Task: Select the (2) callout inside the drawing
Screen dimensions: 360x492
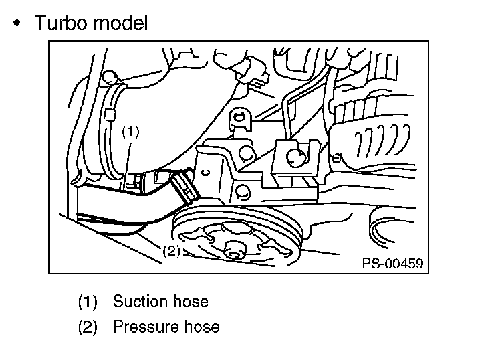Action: click(x=172, y=252)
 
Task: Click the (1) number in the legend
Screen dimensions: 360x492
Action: click(x=88, y=302)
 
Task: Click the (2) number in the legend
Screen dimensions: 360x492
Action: click(x=88, y=327)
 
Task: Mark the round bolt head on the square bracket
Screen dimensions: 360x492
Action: click(x=295, y=157)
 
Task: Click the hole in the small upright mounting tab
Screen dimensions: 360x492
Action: click(x=239, y=120)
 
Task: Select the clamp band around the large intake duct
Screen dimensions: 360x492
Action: click(x=114, y=127)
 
